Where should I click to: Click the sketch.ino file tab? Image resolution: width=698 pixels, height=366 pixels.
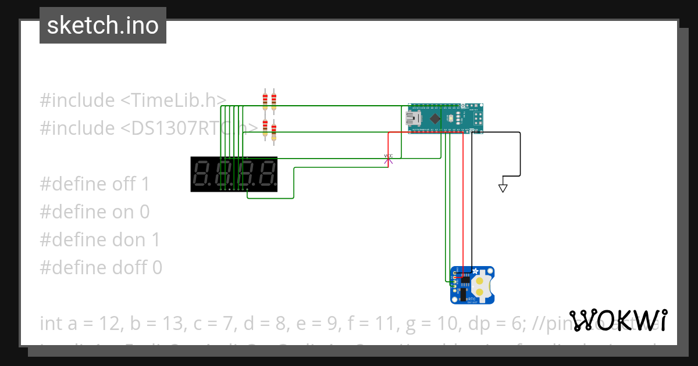103,26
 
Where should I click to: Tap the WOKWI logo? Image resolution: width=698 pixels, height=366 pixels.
618,320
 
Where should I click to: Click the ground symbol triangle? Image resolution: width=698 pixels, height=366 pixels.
503,188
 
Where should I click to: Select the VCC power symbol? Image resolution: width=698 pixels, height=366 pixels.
389,159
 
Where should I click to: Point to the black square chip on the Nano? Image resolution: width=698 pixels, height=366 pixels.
436,119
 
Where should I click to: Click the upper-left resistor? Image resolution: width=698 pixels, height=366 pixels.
265,101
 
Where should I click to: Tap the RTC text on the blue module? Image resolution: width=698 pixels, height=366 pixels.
472,299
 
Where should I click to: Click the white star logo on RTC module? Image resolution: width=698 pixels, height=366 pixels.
475,271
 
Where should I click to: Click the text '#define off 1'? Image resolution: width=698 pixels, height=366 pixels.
94,184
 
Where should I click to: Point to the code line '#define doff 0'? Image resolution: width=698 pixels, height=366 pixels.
101,268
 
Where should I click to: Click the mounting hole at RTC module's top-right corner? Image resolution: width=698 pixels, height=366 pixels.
491,270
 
